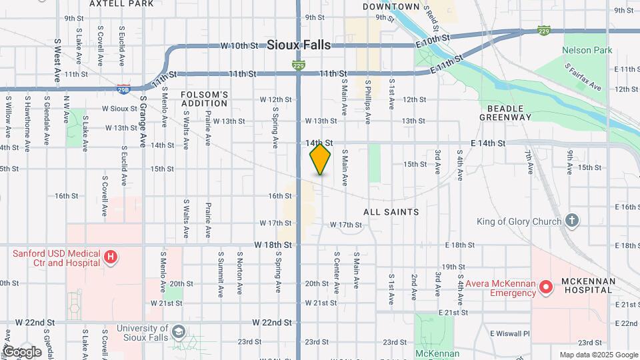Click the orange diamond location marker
(x=321, y=159)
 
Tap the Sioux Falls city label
(x=299, y=45)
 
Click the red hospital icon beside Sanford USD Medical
(x=111, y=257)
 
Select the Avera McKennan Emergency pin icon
(x=546, y=287)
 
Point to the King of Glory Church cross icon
(x=571, y=221)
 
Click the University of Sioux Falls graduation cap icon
(x=178, y=332)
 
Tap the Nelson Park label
(x=587, y=50)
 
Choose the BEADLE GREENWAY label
(x=505, y=112)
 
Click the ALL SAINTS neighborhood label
(x=391, y=212)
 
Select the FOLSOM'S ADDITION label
(x=204, y=99)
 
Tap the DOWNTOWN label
(x=391, y=7)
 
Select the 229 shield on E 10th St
(x=545, y=31)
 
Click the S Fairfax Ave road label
(x=583, y=77)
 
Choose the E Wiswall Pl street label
(x=509, y=333)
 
